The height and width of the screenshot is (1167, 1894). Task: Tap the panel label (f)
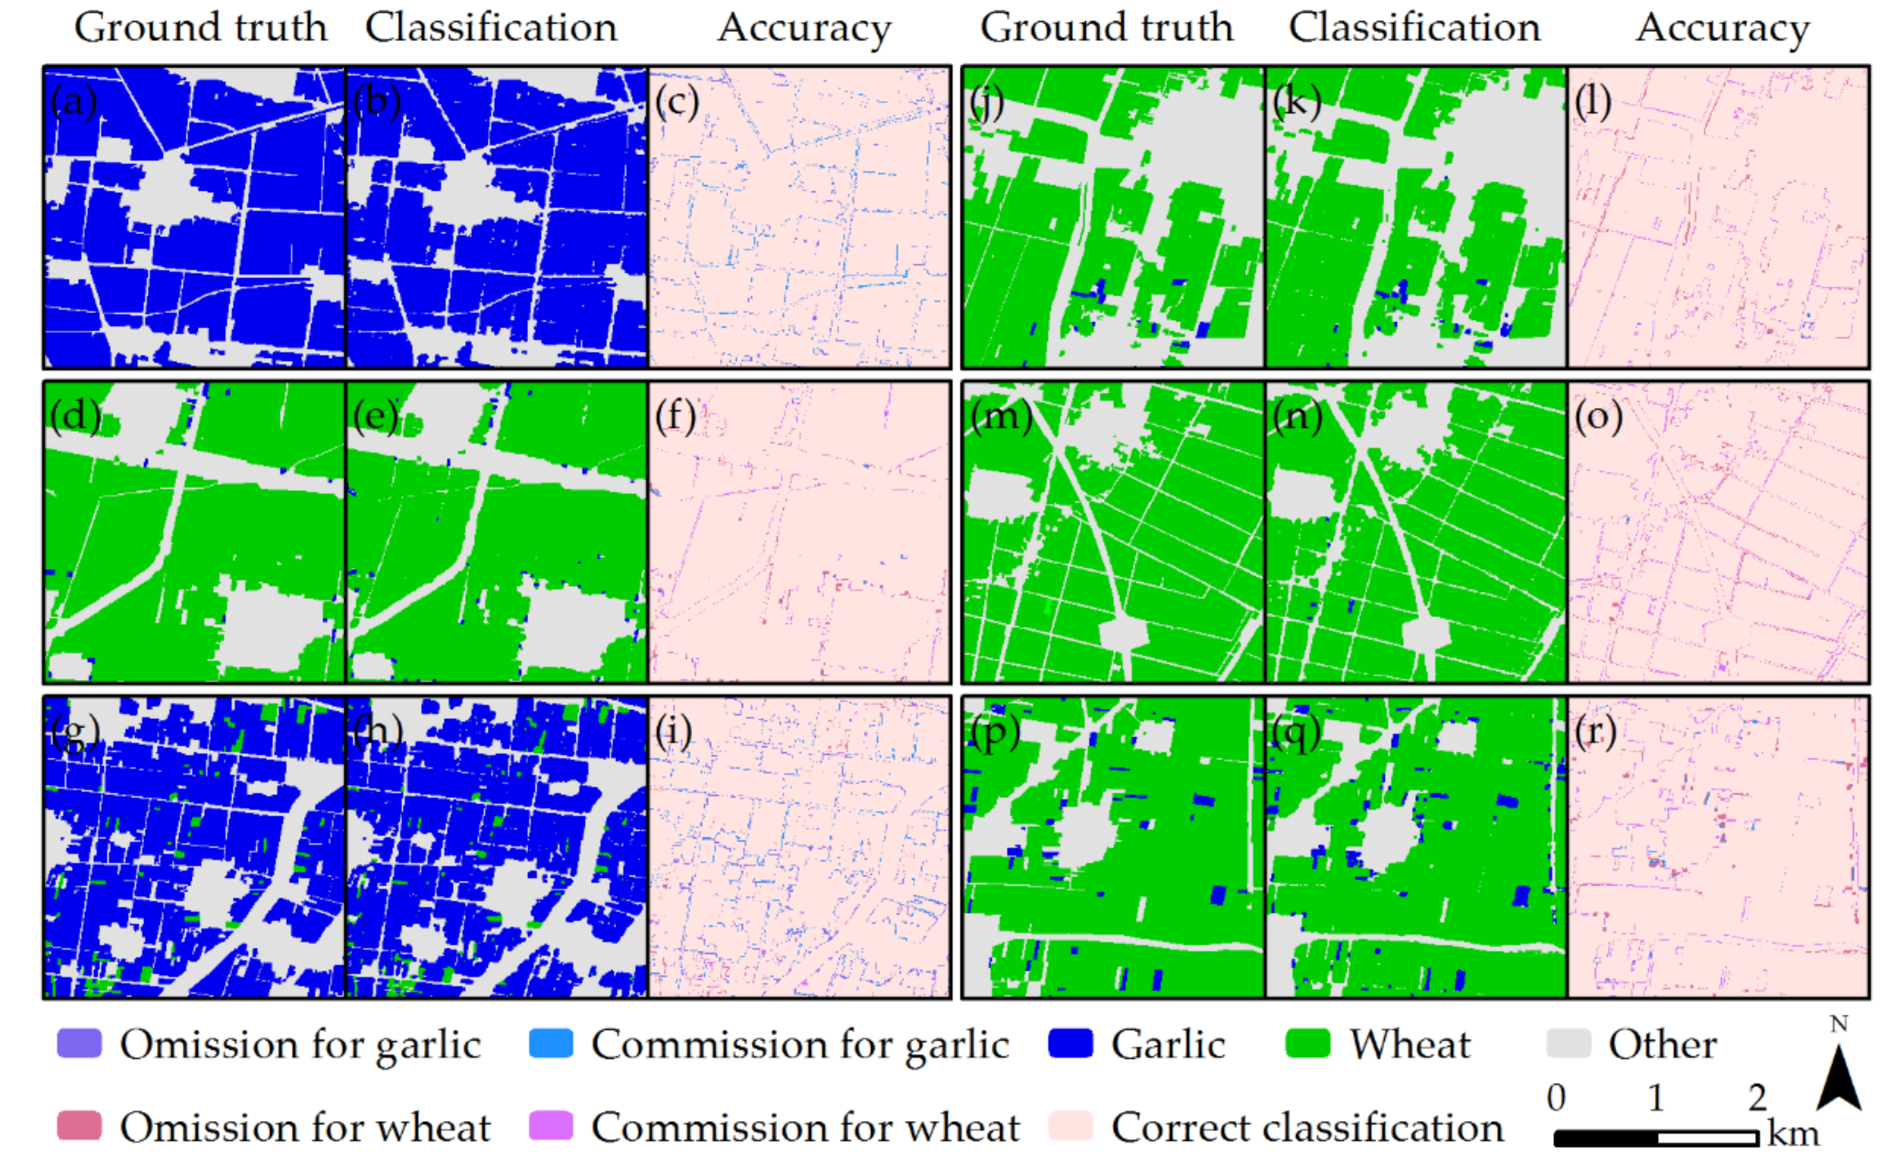676,417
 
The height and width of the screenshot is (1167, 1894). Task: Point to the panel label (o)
1598,417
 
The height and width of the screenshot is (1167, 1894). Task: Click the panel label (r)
1595,732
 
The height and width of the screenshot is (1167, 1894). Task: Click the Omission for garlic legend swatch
80,1044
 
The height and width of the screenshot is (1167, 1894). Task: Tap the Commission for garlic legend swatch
551,1044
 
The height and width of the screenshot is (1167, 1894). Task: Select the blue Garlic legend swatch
1071,1044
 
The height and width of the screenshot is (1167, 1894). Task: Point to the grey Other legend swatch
1569,1044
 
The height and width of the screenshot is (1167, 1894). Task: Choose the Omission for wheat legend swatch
80,1126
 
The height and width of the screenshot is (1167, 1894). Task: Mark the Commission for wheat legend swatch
551,1126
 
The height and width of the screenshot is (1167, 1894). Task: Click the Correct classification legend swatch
1071,1126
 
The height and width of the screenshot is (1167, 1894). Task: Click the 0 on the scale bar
1557,1098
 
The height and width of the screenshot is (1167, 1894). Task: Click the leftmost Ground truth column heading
200,28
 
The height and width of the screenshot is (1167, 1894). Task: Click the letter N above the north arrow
1839,1025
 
